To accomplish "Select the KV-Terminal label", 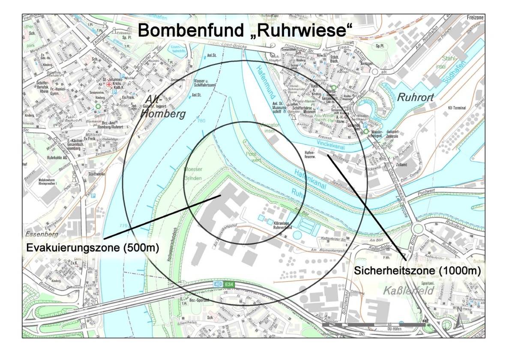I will point(457,109).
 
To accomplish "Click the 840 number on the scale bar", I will point(425,320).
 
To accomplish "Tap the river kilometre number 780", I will point(201,121).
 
